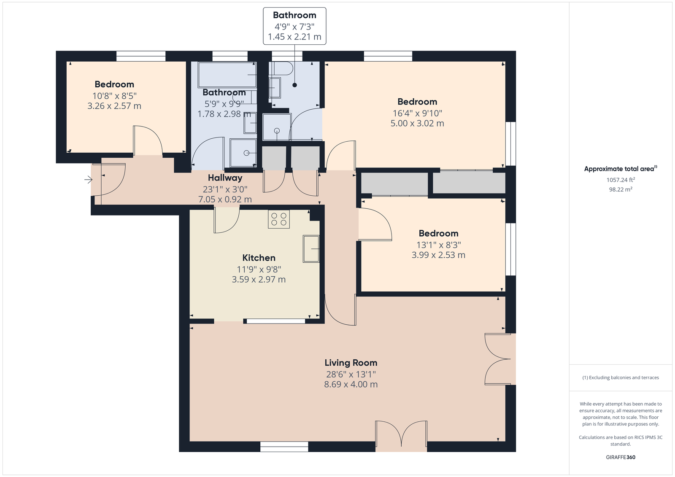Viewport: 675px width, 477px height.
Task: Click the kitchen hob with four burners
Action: tap(279, 219)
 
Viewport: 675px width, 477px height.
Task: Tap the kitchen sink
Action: tap(311, 249)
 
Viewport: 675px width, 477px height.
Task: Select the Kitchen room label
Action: tap(259, 258)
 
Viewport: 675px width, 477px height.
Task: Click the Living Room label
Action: tap(351, 363)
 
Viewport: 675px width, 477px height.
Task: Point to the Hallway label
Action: tap(225, 178)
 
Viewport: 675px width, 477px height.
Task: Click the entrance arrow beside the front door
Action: tap(88, 180)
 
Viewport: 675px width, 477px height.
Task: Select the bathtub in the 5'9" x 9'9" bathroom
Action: tap(227, 75)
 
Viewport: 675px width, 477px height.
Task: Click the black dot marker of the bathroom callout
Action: tap(295, 85)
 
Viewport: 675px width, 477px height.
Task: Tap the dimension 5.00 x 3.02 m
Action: tap(417, 123)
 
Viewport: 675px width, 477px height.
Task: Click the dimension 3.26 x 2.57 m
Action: tap(114, 106)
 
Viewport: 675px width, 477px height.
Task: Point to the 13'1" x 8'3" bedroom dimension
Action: tap(438, 245)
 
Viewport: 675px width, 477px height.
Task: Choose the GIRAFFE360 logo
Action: tap(621, 457)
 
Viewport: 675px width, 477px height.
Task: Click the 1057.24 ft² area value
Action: tap(621, 180)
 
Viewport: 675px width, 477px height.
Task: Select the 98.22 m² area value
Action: tap(621, 189)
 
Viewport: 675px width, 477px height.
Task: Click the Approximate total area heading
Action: tap(621, 169)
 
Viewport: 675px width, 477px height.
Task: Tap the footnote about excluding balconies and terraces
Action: tap(621, 377)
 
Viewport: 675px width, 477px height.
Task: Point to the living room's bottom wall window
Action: tap(284, 447)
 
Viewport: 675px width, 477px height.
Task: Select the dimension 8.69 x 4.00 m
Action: tap(351, 385)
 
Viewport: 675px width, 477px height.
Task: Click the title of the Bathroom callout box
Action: tap(295, 15)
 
